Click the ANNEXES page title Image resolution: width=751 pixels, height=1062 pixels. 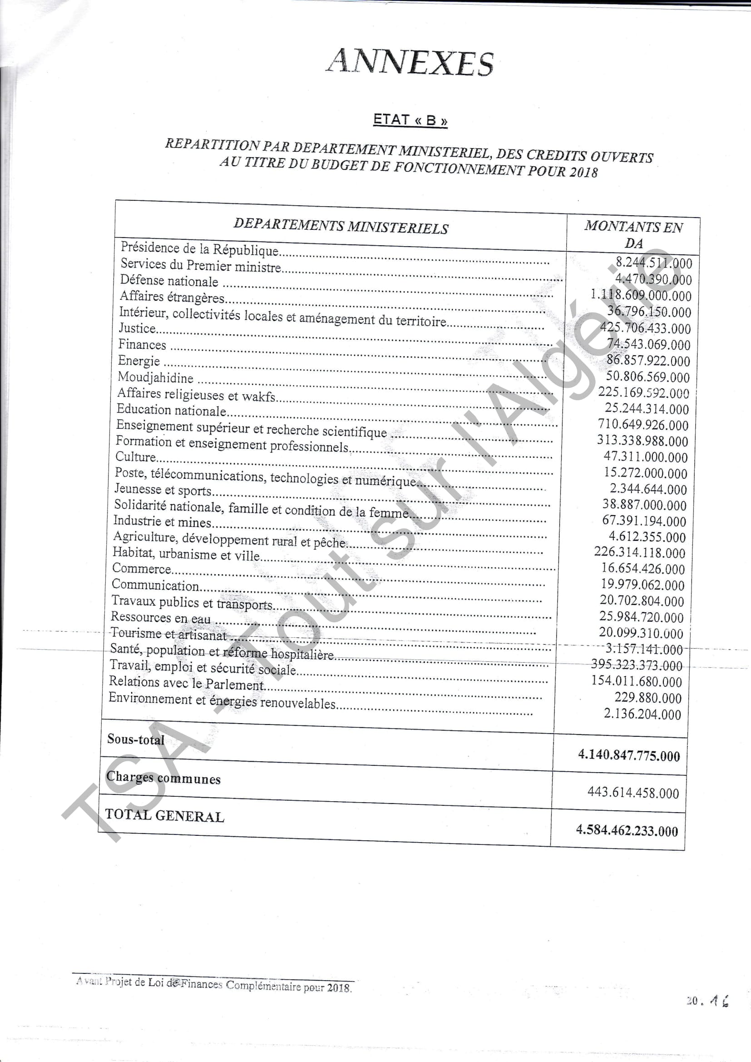(x=410, y=62)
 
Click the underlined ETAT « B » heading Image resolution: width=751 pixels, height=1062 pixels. (x=410, y=120)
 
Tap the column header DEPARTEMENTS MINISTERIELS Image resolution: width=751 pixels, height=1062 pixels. (x=341, y=226)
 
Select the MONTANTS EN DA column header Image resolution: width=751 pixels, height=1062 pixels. (x=633, y=234)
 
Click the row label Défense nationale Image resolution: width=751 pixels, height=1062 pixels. (x=169, y=280)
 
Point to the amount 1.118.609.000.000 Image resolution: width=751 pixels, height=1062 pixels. (x=641, y=295)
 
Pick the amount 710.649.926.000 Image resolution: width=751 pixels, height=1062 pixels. (x=643, y=425)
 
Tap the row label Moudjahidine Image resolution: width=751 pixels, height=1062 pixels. (x=155, y=377)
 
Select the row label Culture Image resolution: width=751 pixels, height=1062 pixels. (x=135, y=457)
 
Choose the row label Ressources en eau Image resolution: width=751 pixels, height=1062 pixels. (x=160, y=617)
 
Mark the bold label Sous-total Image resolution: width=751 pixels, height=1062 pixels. (x=135, y=739)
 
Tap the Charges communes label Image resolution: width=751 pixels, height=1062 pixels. (x=163, y=778)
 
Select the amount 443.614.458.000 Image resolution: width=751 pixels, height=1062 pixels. (x=633, y=792)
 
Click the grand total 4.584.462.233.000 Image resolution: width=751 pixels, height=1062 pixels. (x=627, y=830)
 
